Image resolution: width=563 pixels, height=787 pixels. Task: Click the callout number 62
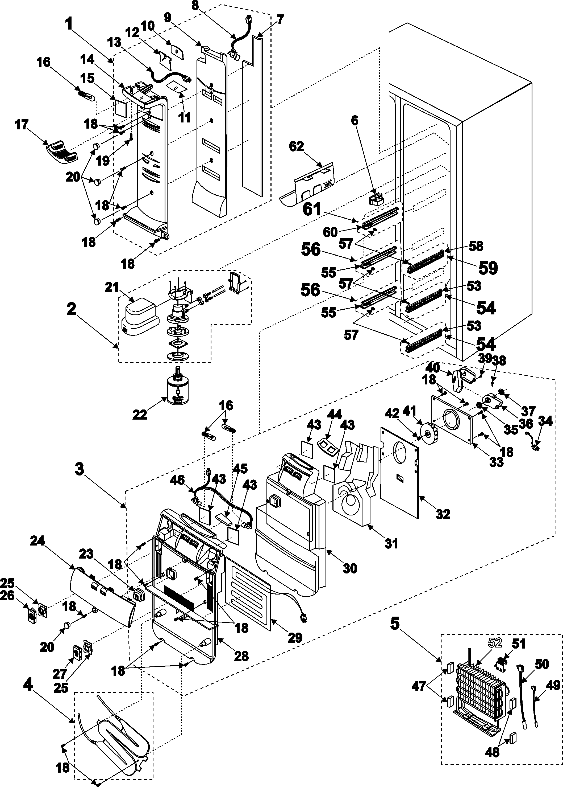click(x=297, y=146)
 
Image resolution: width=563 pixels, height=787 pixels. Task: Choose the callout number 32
click(x=443, y=514)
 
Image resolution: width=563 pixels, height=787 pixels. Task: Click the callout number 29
click(x=295, y=637)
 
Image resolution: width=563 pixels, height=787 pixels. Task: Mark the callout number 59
click(x=488, y=268)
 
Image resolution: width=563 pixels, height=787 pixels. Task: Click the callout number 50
click(x=542, y=664)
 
